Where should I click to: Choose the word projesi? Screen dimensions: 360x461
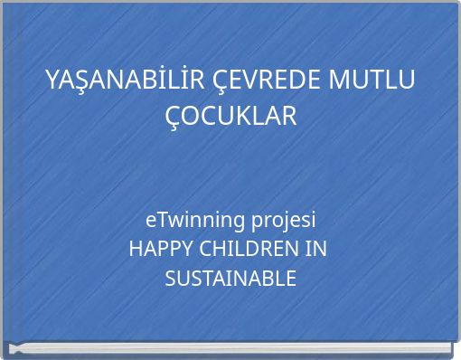click(x=284, y=220)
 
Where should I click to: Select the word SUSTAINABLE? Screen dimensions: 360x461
click(x=230, y=279)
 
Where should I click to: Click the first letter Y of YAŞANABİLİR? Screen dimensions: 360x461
click(x=52, y=81)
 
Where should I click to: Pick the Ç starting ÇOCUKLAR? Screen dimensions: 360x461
click(x=175, y=117)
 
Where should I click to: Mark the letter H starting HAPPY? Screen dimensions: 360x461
click(x=136, y=249)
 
